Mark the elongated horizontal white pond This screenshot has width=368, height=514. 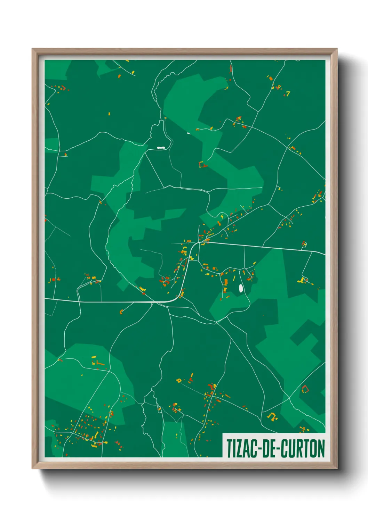click(x=161, y=148)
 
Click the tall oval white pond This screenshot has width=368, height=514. click(x=240, y=288)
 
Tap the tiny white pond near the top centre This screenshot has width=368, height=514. click(x=189, y=133)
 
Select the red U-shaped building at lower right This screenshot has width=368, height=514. click(x=305, y=389)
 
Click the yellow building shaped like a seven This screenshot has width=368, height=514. click(x=288, y=93)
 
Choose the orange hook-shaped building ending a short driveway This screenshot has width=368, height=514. click(x=121, y=311)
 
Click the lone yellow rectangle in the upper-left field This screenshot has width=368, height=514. click(x=109, y=114)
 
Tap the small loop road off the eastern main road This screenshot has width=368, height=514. click(x=304, y=245)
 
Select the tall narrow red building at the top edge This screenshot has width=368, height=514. click(x=231, y=68)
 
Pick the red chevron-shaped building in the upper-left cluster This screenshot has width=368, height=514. click(x=63, y=88)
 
